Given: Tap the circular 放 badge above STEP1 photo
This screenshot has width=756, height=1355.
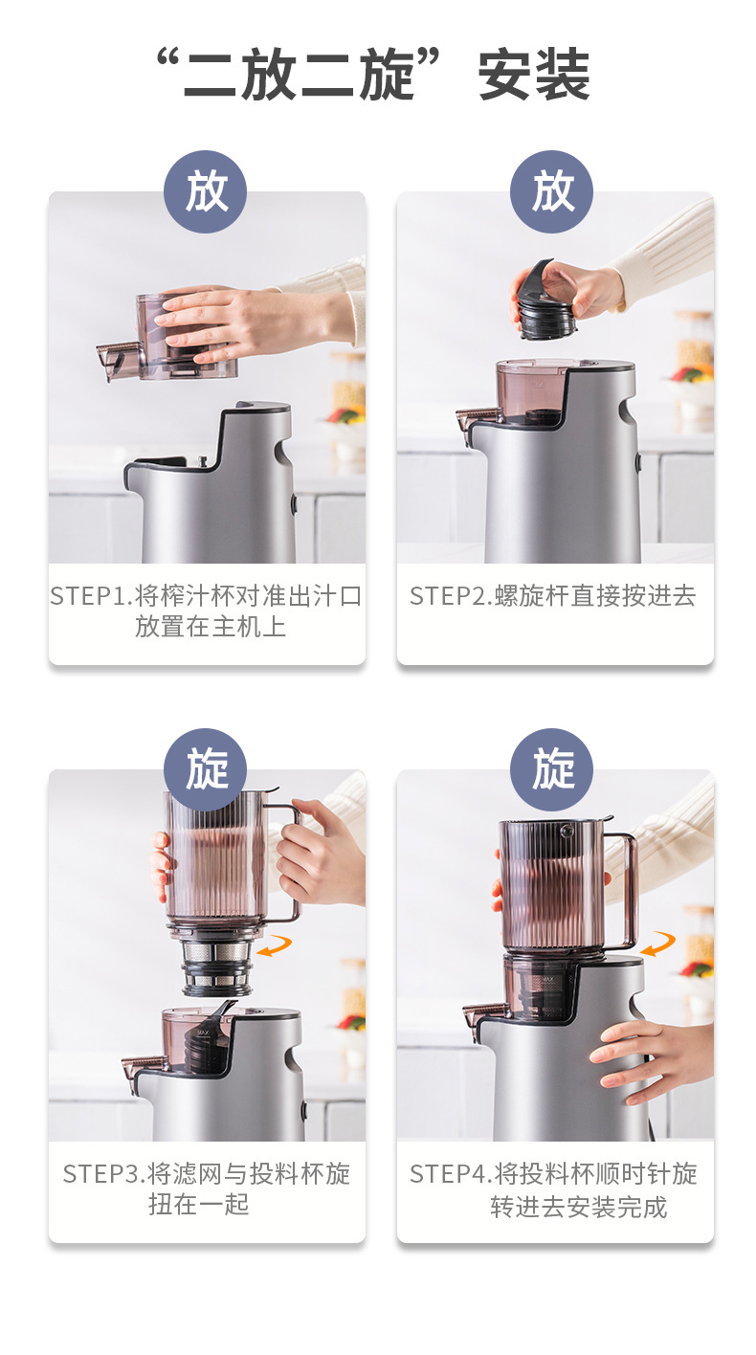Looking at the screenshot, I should pos(205,191).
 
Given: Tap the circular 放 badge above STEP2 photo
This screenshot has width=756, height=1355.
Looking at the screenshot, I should pos(552,191).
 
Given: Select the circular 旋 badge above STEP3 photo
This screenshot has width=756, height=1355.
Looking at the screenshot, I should pos(205,769).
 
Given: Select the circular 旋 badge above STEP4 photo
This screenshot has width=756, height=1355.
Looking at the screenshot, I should pos(552,769).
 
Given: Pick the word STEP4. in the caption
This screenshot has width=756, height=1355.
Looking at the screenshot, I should pos(451,1173).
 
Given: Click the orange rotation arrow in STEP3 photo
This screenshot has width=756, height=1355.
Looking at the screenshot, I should pos(275,946).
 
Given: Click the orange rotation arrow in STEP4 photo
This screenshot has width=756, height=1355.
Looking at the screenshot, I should pos(658,944).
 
